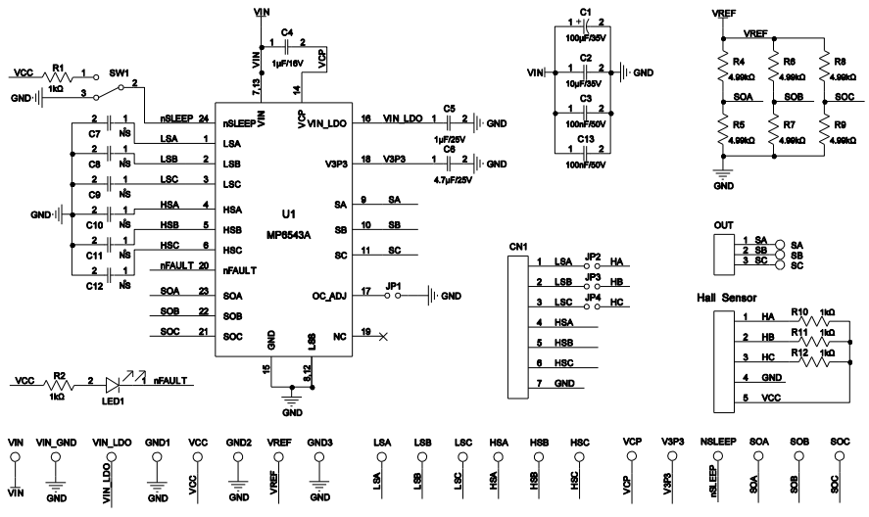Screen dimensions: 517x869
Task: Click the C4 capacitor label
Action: tap(286, 32)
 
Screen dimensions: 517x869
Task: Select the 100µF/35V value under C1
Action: tap(585, 36)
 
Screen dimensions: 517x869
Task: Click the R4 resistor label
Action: tap(741, 61)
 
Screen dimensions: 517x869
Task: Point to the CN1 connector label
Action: tap(518, 246)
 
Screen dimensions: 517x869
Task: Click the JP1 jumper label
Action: tap(395, 285)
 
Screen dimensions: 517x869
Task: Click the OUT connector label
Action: tap(724, 224)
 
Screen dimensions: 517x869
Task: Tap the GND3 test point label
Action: tap(320, 443)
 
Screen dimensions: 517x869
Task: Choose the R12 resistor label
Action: tap(802, 352)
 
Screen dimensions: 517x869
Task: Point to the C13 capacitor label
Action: tap(585, 138)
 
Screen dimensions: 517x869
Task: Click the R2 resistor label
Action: tap(59, 375)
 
